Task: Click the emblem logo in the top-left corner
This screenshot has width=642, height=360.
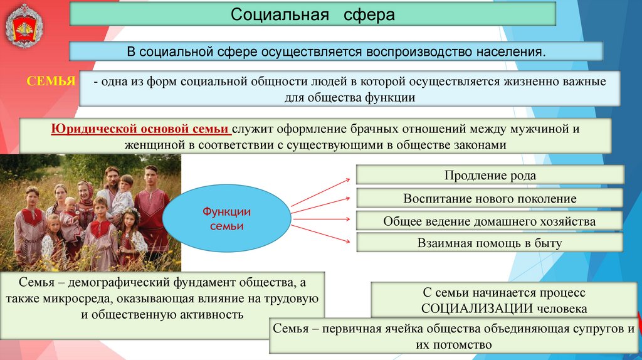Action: tap(26, 26)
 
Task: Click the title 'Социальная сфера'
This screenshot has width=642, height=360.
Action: tap(312, 14)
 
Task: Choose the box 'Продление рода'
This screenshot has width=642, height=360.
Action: tap(490, 176)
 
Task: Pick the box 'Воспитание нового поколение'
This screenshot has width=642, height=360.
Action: tap(490, 198)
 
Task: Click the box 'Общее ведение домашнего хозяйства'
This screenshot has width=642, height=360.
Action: tap(490, 221)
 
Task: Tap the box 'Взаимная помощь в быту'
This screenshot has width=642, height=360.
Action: tap(490, 243)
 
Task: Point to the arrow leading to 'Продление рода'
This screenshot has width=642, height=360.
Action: tap(321, 192)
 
